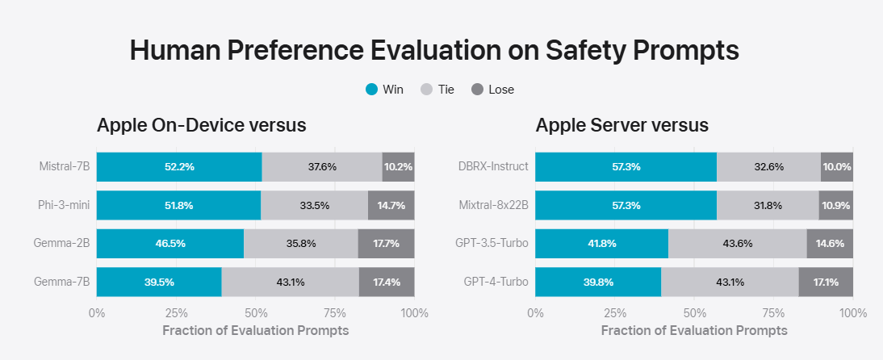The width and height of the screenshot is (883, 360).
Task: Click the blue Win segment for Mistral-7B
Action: [x=179, y=167]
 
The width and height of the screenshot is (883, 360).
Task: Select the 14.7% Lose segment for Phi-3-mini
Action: [x=391, y=206]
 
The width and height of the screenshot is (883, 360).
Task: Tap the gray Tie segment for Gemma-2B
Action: [x=300, y=244]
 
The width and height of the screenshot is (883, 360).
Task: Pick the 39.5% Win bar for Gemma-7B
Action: [x=159, y=283]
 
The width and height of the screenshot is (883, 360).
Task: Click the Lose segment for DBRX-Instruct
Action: [x=836, y=167]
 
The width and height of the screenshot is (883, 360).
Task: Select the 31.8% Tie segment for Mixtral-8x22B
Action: [x=767, y=206]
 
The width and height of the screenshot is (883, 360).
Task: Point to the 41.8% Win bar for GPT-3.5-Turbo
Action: [x=601, y=244]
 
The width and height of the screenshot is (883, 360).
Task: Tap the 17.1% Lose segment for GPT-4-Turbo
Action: [x=826, y=283]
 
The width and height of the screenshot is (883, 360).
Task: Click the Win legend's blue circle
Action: [x=371, y=90]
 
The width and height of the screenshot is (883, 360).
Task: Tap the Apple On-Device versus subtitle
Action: [x=201, y=125]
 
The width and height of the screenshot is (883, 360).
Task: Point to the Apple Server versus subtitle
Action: [x=621, y=125]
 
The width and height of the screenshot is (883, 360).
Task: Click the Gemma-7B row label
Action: [x=62, y=283]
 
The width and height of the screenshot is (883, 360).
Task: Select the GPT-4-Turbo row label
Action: [x=496, y=283]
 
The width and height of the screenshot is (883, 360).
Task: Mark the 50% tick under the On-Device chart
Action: [x=256, y=313]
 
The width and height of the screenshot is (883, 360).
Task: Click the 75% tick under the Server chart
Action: [x=773, y=313]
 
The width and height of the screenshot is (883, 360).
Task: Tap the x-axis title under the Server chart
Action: [x=694, y=331]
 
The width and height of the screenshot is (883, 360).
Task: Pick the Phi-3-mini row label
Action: [x=64, y=206]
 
